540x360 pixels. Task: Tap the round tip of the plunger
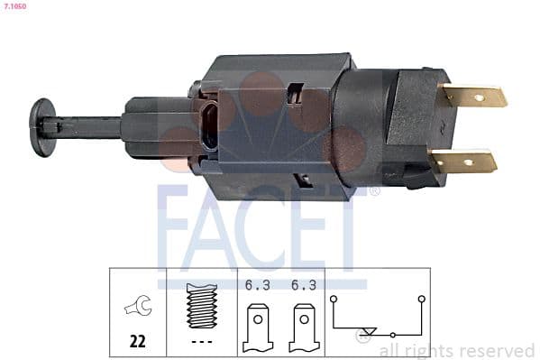click(x=41, y=126)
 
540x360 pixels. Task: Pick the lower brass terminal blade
click(x=464, y=162)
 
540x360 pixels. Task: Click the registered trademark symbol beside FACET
click(x=374, y=191)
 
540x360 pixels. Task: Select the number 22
click(x=138, y=342)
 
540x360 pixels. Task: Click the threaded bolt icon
click(x=202, y=308)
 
